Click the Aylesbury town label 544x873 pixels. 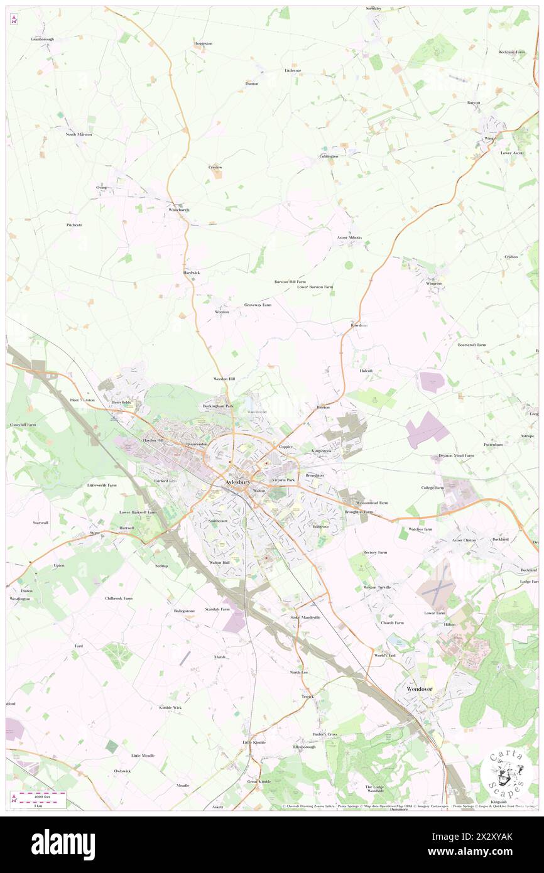[237, 482]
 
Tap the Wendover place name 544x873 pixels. [419, 689]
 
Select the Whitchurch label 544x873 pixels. [178, 210]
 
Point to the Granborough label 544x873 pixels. [43, 39]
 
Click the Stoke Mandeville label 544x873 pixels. [305, 617]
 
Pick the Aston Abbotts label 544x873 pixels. [349, 237]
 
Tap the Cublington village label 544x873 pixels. [329, 156]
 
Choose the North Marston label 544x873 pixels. [79, 134]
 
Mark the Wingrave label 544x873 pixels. [434, 284]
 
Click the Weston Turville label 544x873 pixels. [377, 587]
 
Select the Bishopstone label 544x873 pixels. [184, 610]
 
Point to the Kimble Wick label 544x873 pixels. [170, 707]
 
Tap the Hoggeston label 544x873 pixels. [204, 43]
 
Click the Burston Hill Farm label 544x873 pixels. [290, 282]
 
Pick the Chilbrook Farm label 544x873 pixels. [119, 599]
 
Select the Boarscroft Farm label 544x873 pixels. [472, 345]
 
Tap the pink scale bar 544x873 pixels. [41, 794]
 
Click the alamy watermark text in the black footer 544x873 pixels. [63, 844]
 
